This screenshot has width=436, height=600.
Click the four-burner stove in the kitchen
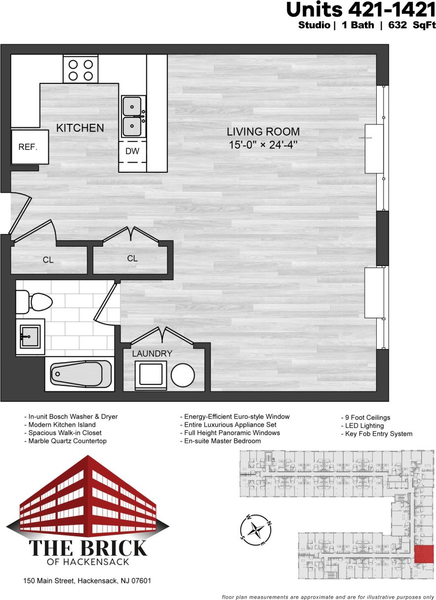(81, 70)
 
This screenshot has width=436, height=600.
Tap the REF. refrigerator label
(28, 147)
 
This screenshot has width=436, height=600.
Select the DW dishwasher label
(132, 151)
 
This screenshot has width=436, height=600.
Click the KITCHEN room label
(80, 128)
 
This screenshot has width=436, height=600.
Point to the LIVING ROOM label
(263, 132)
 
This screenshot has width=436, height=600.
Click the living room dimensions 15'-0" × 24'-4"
(263, 146)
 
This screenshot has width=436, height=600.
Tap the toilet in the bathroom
(35, 301)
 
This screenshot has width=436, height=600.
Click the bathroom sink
(30, 337)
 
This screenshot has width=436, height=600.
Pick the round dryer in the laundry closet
(183, 375)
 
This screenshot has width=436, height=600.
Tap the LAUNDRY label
(152, 354)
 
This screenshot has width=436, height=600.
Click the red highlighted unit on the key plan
(423, 554)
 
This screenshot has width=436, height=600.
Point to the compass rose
(256, 530)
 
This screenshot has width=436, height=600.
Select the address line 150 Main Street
(87, 581)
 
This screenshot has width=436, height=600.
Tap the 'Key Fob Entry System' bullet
(377, 434)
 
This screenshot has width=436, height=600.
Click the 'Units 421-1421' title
(360, 10)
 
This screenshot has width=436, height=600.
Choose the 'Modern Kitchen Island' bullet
(60, 425)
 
